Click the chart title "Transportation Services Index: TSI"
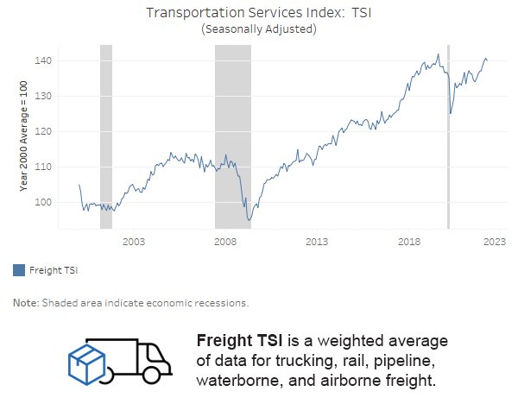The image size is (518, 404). [x=258, y=13]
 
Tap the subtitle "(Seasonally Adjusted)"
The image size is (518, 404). [x=258, y=29]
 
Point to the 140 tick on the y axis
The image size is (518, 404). [x=44, y=61]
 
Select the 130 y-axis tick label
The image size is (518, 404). [x=44, y=97]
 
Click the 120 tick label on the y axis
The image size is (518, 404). [x=44, y=132]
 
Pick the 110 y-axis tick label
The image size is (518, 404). [x=44, y=167]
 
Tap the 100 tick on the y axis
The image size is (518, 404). [x=44, y=202]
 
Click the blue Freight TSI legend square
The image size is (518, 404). [x=19, y=270]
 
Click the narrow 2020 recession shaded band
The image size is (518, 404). [x=448, y=138]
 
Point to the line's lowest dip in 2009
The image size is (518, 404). [x=249, y=220]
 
